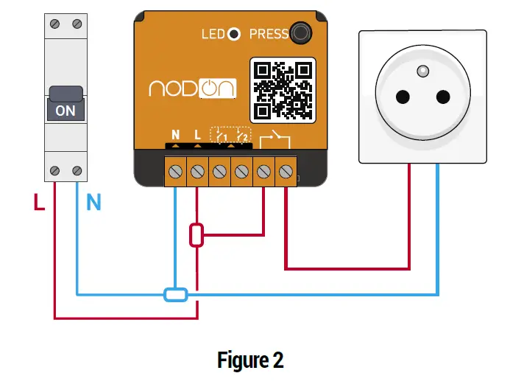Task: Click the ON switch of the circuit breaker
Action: click(65, 104)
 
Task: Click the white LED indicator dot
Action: click(233, 34)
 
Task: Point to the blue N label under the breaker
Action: click(93, 201)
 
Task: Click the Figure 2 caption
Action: click(251, 360)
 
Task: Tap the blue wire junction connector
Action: click(175, 295)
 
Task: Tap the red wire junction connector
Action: click(196, 236)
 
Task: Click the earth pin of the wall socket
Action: click(422, 71)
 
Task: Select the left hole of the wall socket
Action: click(403, 97)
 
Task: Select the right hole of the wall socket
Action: click(443, 97)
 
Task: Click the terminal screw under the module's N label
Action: click(175, 171)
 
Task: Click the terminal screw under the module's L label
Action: click(196, 171)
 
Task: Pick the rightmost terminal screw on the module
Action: click(285, 171)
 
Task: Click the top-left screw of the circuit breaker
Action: click(54, 24)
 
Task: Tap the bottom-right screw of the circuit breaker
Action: click(77, 171)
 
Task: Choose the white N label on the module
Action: click(175, 135)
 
